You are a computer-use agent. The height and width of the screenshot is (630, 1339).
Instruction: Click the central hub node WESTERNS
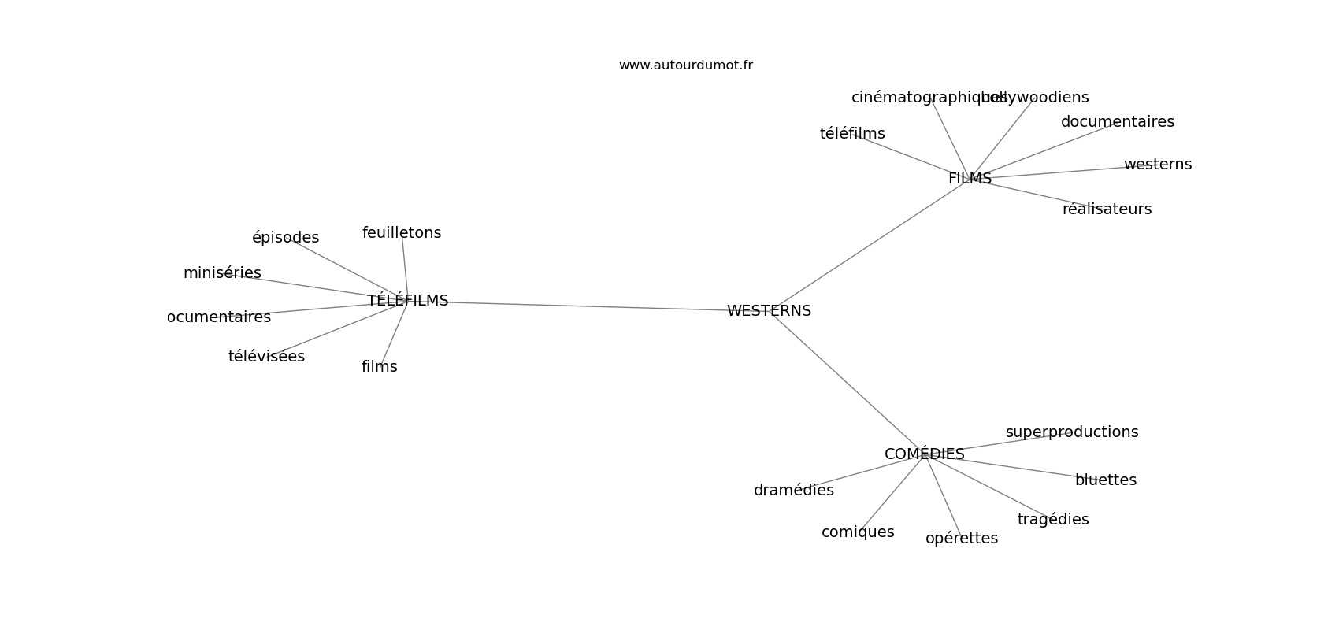coord(769,311)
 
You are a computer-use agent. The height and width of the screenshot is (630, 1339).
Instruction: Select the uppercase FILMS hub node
coord(970,179)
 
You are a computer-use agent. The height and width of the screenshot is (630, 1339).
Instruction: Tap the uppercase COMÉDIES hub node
coord(924,454)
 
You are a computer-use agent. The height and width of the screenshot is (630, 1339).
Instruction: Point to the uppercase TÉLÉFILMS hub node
coord(407,301)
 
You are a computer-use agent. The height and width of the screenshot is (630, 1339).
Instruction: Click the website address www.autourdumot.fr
coord(685,65)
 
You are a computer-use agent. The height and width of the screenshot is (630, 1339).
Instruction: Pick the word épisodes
coord(285,238)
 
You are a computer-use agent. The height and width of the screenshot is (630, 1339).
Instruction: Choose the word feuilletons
coord(402,233)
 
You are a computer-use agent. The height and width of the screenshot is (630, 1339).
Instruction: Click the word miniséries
coord(222,273)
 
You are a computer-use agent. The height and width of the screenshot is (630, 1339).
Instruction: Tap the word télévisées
coord(266,357)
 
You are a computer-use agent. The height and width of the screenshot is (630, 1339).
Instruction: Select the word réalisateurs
coord(1107,209)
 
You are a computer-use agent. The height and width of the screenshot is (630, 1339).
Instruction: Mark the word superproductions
coord(1071,432)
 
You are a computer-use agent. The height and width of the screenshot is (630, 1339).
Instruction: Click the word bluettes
coord(1105,480)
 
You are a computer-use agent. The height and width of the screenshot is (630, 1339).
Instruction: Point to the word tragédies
coord(1052,520)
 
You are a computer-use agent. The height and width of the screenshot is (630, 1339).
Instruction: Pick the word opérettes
coord(961,539)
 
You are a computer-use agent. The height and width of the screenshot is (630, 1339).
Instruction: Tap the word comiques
coord(857,532)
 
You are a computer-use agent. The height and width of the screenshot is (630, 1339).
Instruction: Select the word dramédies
coord(793,491)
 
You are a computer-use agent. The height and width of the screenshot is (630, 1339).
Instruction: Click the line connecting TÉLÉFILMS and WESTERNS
coord(587,306)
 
